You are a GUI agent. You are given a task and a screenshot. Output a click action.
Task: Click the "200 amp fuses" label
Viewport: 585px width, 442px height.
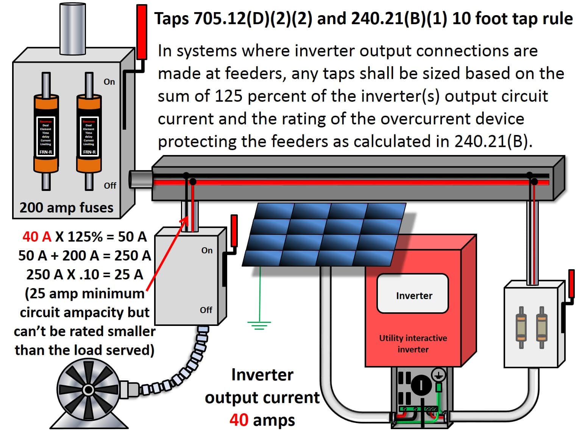click(x=66, y=208)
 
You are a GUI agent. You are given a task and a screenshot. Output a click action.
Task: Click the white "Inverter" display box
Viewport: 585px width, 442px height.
click(x=413, y=293)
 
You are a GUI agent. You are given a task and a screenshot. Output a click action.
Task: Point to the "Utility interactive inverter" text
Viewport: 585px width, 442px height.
click(x=413, y=343)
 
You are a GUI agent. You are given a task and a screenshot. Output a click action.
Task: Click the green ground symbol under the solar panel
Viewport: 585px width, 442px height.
click(x=259, y=324)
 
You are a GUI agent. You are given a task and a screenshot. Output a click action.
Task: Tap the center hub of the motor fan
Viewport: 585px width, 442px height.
click(x=88, y=389)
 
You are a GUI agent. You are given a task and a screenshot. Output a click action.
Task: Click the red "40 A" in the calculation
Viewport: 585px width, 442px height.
click(x=36, y=237)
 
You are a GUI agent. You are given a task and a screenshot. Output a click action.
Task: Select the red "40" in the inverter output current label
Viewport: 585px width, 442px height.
click(x=239, y=420)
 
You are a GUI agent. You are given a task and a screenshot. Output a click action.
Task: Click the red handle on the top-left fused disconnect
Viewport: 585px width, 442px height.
click(x=142, y=32)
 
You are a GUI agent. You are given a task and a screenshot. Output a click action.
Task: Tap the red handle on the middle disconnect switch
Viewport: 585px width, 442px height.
click(x=234, y=231)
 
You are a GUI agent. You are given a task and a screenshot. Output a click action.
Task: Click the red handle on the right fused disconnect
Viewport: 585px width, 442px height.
click(x=571, y=284)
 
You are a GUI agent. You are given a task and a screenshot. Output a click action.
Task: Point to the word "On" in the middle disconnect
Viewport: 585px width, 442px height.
click(x=207, y=250)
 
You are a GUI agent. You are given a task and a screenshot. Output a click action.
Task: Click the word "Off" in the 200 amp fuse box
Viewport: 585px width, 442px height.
click(x=110, y=185)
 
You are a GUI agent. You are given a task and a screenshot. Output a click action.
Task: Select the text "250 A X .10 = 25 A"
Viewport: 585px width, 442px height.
click(x=85, y=275)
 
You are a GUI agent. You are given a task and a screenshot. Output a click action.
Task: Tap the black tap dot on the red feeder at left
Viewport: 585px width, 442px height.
click(x=192, y=182)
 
